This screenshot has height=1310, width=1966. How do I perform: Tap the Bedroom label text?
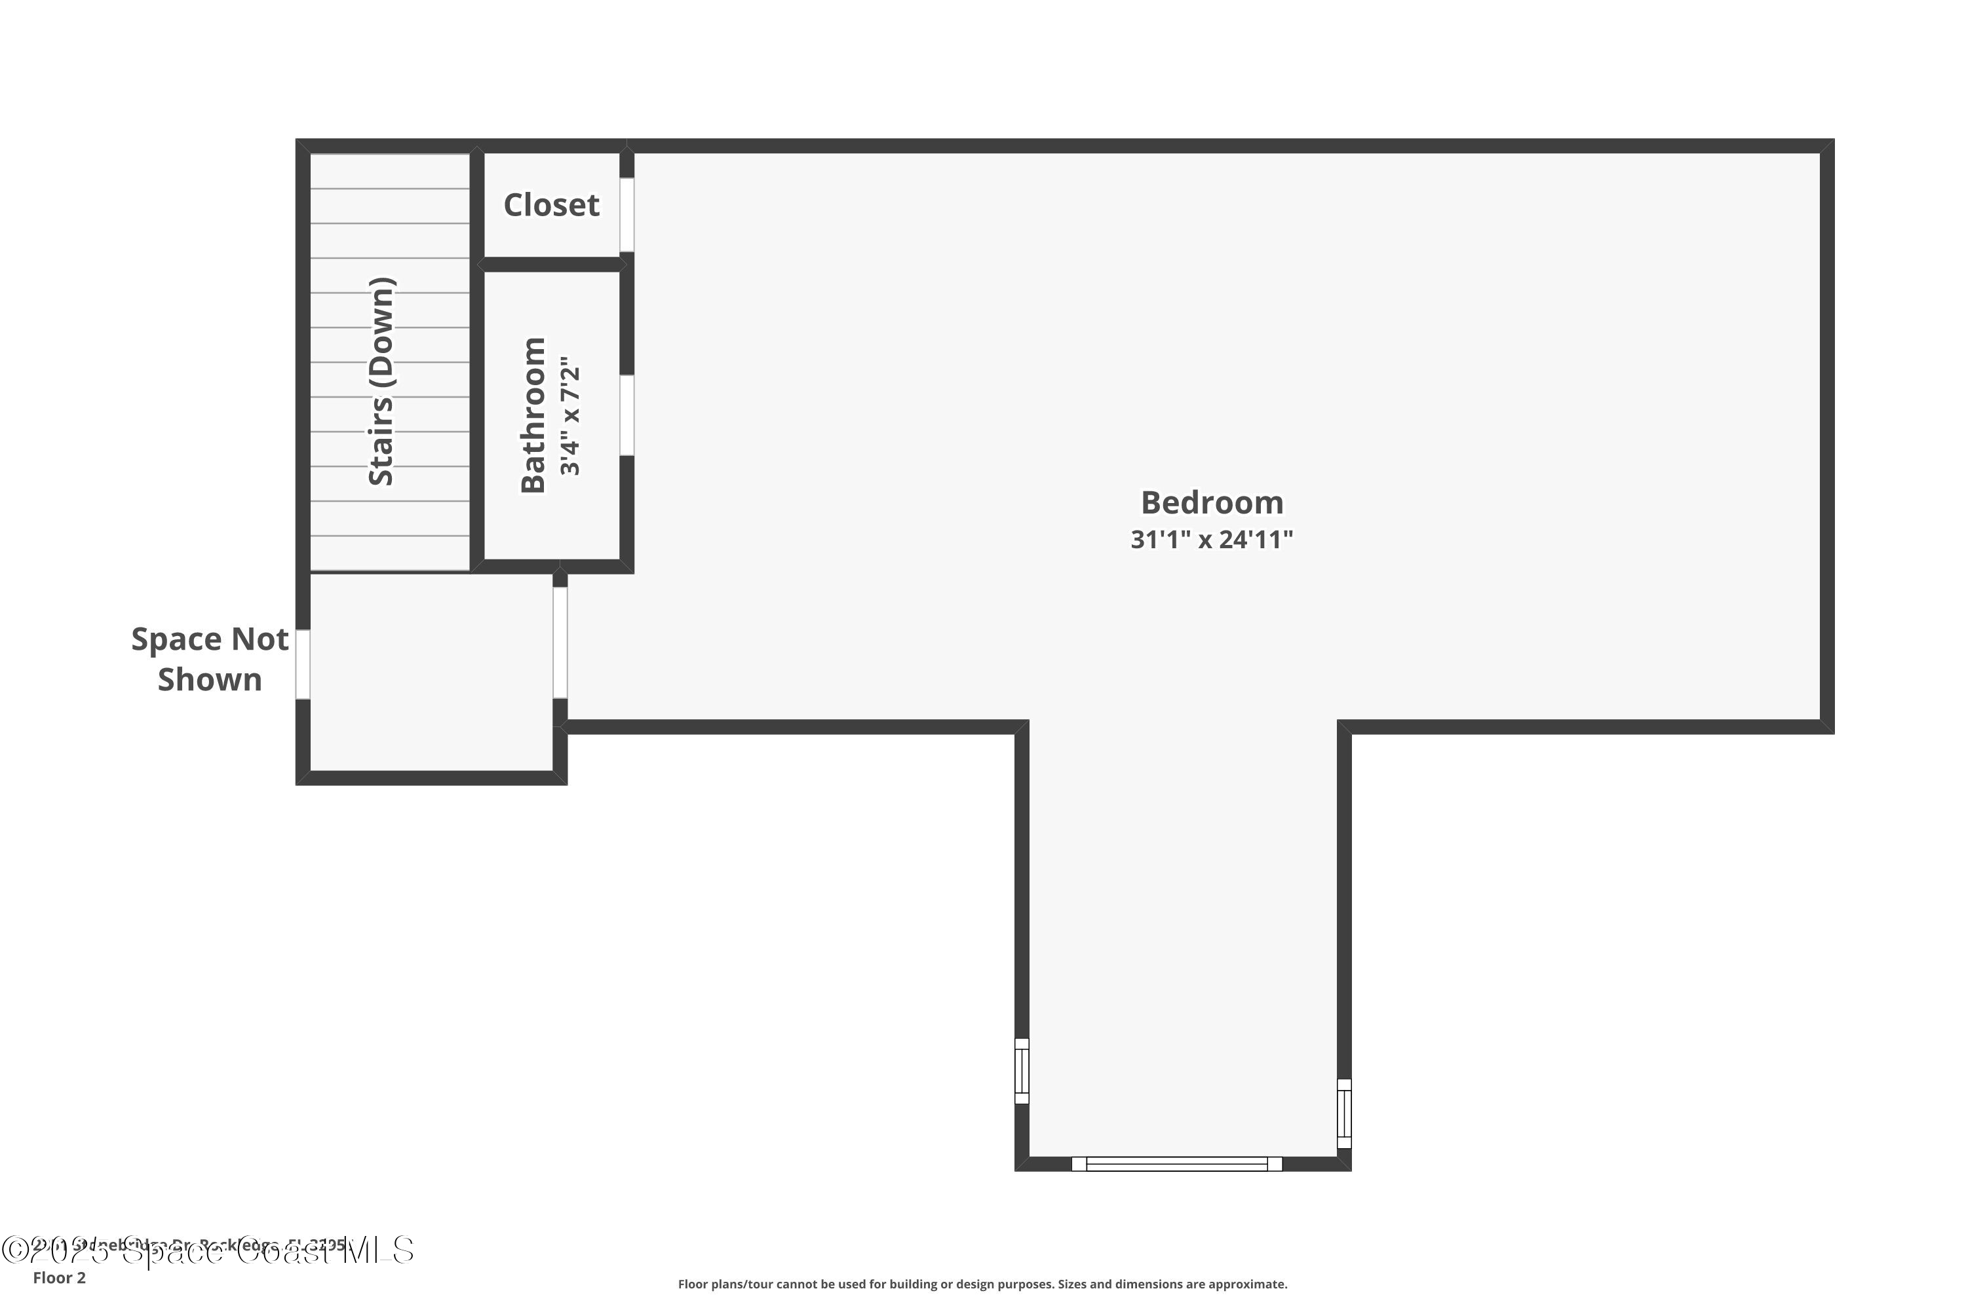(1211, 503)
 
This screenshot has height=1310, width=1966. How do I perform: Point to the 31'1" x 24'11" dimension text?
(1211, 540)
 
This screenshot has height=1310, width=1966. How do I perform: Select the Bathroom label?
(533, 415)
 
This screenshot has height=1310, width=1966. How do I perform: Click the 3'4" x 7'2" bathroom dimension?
(570, 421)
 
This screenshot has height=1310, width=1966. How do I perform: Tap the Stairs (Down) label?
(381, 381)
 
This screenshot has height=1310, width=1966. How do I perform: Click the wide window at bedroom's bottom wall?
(1176, 1164)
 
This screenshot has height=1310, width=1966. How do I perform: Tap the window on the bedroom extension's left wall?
(1022, 1070)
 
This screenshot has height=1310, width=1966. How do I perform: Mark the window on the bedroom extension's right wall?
(1343, 1113)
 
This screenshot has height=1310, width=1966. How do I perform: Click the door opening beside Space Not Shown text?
(303, 664)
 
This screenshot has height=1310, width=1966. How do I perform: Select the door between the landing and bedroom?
(560, 643)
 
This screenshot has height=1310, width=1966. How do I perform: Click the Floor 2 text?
(60, 1277)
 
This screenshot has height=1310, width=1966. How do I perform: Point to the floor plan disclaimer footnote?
(982, 1284)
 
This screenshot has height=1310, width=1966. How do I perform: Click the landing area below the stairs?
(431, 672)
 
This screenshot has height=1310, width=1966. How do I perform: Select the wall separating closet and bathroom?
(552, 265)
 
